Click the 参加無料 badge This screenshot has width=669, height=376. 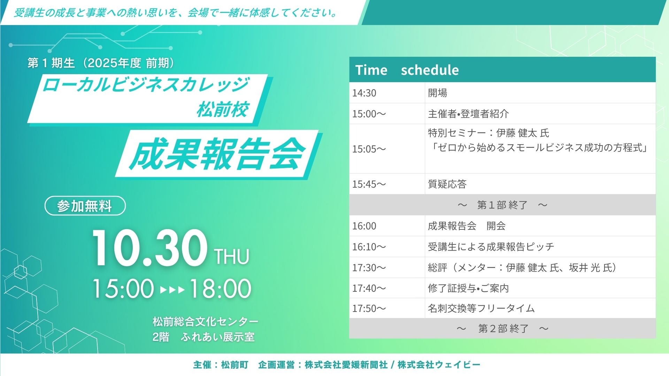tap(85, 206)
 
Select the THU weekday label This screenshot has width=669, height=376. tap(232, 257)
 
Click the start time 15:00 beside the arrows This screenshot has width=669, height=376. tap(123, 288)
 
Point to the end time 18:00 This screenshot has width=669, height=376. tap(220, 288)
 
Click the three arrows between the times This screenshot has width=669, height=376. tap(172, 290)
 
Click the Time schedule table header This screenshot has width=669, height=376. tap(502, 70)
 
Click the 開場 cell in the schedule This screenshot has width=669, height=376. tap(437, 93)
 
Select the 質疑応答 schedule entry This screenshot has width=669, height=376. tap(447, 184)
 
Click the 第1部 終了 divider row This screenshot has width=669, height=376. tap(502, 205)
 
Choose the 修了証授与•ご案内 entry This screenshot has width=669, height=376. tap(468, 288)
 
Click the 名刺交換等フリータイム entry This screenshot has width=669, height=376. tap(481, 308)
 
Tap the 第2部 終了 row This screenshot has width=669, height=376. tap(502, 328)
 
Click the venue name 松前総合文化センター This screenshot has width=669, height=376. tap(206, 321)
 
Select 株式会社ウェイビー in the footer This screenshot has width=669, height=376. tap(439, 365)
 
